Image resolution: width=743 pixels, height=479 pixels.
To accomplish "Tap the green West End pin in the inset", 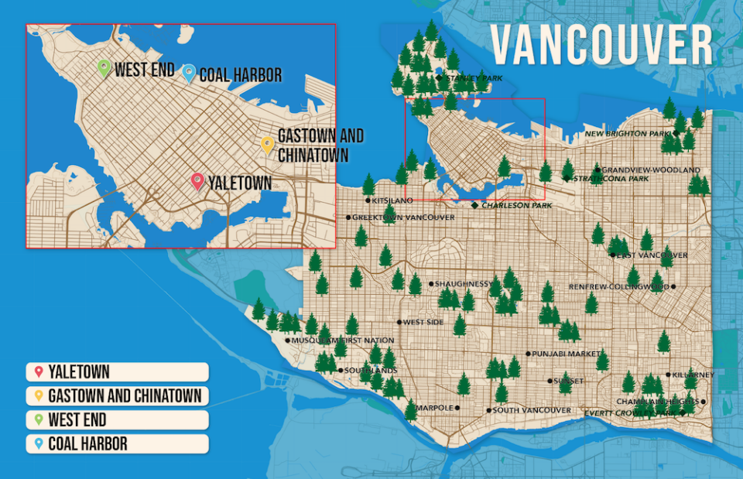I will [x=104, y=68].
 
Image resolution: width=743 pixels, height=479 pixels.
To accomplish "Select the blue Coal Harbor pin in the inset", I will [x=188, y=73].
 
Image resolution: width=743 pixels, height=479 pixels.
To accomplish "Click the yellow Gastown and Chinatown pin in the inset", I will [x=267, y=145].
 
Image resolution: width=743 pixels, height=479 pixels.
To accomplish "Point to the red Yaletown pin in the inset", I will [x=197, y=181].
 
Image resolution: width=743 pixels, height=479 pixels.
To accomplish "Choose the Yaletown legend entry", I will [x=116, y=372].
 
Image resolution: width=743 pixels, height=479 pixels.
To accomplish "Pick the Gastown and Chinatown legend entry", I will [x=116, y=396].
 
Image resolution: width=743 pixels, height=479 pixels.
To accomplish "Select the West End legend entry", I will [x=116, y=420].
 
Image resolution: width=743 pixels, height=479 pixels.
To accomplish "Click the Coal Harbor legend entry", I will [x=116, y=444].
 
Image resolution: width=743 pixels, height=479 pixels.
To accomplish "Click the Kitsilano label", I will [x=392, y=200].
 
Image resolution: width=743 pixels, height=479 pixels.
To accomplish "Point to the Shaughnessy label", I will [x=461, y=284].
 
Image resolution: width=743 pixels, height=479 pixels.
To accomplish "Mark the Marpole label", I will [x=434, y=408].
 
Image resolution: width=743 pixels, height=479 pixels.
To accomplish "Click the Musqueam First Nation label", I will [x=343, y=340].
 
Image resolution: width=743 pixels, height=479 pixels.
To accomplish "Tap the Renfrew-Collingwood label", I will [x=619, y=287].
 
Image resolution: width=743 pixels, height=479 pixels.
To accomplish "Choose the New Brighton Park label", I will [x=628, y=134].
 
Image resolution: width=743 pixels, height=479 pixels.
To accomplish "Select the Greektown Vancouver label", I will [x=403, y=217].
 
